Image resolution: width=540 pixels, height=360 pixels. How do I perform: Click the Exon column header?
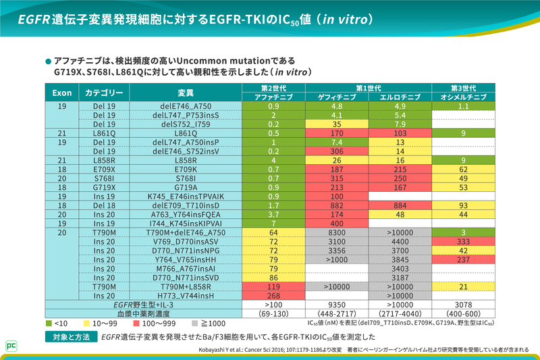(61, 93)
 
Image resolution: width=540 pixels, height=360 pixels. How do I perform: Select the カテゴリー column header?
(104, 93)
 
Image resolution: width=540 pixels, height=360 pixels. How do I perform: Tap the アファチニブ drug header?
(273, 97)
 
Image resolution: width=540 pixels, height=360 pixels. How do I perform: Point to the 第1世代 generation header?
(369, 88)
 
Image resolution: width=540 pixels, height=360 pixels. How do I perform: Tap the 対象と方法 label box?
(72, 336)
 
